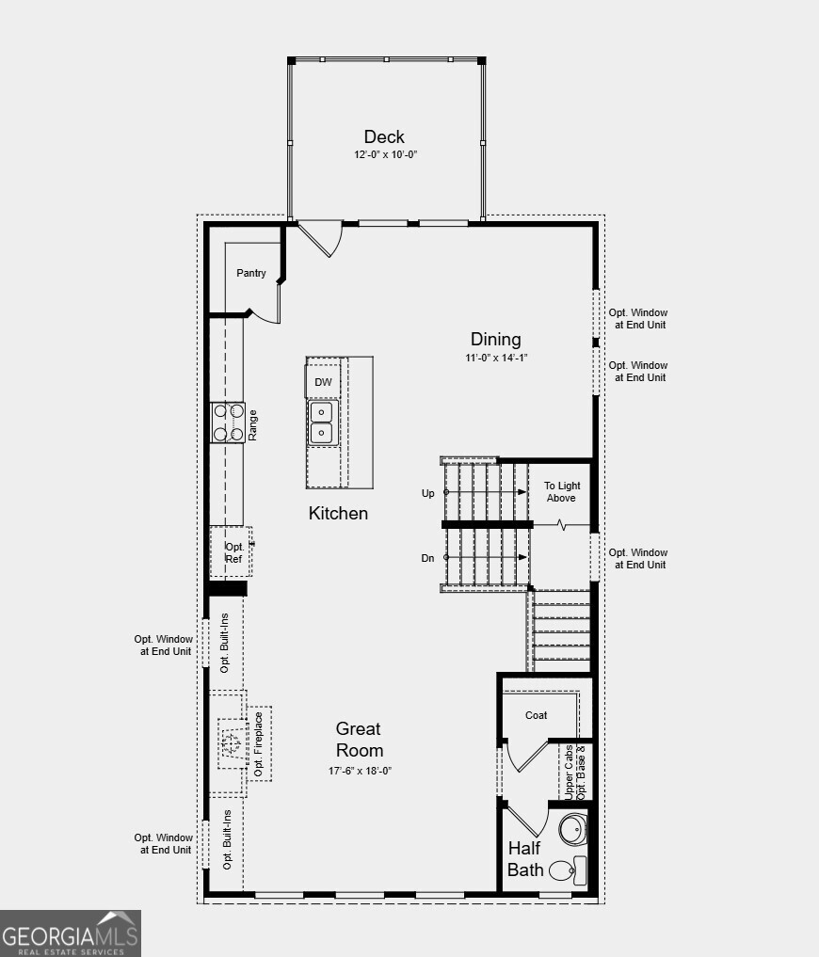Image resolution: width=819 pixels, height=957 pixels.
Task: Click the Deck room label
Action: click(x=384, y=137)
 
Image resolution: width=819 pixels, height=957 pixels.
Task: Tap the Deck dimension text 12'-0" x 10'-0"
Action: click(x=386, y=154)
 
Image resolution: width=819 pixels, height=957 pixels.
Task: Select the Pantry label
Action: click(x=251, y=273)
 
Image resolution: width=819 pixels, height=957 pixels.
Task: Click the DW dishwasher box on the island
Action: click(x=323, y=382)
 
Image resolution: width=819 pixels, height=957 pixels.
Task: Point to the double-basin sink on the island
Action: click(x=322, y=423)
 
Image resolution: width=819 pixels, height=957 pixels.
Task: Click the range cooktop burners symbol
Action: click(x=228, y=423)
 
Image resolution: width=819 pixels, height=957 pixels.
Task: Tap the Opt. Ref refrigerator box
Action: click(x=233, y=552)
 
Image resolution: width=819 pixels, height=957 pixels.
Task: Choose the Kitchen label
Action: click(x=338, y=514)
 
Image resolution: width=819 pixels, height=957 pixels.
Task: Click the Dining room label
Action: click(x=496, y=340)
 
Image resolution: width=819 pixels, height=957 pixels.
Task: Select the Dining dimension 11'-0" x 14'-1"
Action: click(x=496, y=358)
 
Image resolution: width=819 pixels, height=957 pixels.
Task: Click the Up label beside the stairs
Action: click(x=428, y=493)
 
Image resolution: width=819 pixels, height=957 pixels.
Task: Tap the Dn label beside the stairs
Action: click(x=427, y=558)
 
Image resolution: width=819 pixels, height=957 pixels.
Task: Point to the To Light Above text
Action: click(x=562, y=492)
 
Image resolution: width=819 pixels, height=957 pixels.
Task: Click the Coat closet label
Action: click(x=537, y=715)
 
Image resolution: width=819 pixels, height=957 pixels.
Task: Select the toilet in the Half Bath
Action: click(x=565, y=869)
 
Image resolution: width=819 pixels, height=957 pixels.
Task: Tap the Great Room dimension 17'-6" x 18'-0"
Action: click(x=359, y=771)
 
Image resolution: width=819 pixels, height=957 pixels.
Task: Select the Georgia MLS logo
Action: click(x=71, y=933)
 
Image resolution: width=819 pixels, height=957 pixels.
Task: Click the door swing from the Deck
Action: click(x=320, y=237)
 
